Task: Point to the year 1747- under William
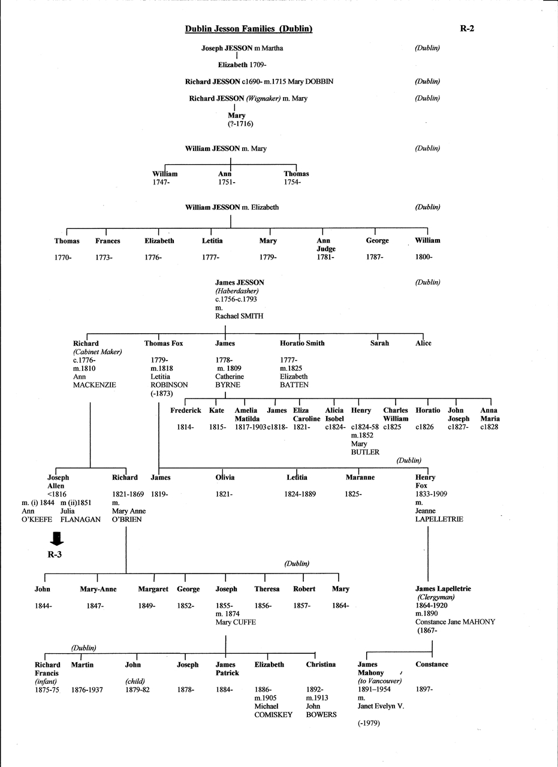161,182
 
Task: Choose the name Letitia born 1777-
212,241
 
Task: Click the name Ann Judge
326,244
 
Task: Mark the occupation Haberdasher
237,291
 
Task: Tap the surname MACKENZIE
94,385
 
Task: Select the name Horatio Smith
302,343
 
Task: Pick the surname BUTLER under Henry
365,452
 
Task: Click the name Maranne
360,478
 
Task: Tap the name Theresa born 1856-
267,589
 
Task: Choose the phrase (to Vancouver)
379,681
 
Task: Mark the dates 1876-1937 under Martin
87,690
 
